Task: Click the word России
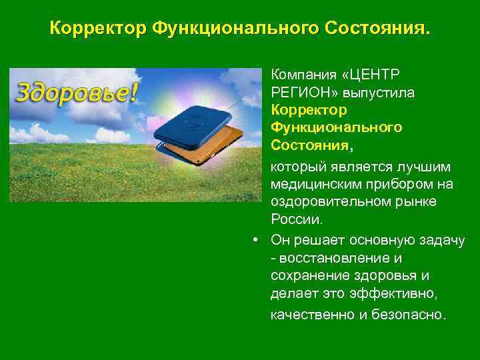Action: click(296, 219)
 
